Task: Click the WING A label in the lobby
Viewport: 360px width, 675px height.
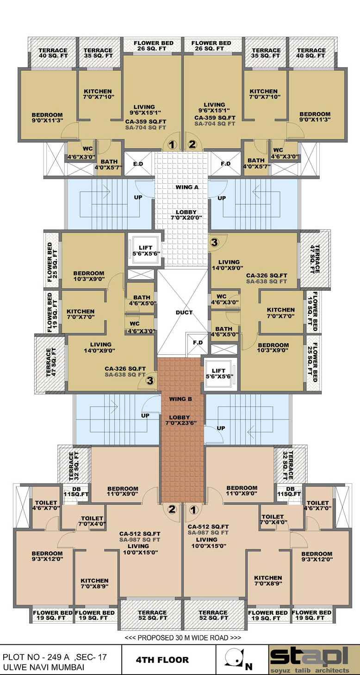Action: click(x=187, y=187)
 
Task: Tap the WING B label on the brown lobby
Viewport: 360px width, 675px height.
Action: click(x=180, y=399)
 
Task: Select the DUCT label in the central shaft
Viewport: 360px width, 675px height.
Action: click(x=184, y=312)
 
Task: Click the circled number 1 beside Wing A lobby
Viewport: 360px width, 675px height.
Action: click(x=172, y=145)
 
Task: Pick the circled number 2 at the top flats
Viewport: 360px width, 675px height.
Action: click(x=192, y=144)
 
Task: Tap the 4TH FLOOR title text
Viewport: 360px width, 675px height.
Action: click(x=162, y=660)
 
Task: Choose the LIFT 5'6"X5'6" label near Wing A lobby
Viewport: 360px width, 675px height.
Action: click(x=146, y=250)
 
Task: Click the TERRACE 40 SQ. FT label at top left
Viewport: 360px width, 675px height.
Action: click(x=53, y=53)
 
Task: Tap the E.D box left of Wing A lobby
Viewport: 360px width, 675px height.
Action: click(x=138, y=163)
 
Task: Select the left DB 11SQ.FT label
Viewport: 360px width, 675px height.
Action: click(x=76, y=492)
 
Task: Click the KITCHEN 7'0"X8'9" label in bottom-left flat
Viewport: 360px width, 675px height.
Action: click(x=94, y=583)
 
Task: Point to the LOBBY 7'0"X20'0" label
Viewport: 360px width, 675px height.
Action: click(x=186, y=215)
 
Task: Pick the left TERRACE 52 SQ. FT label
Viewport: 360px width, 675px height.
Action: click(x=152, y=615)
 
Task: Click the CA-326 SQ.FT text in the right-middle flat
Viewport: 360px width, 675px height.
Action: click(x=267, y=275)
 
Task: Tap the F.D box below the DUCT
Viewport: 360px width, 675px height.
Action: click(x=198, y=344)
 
